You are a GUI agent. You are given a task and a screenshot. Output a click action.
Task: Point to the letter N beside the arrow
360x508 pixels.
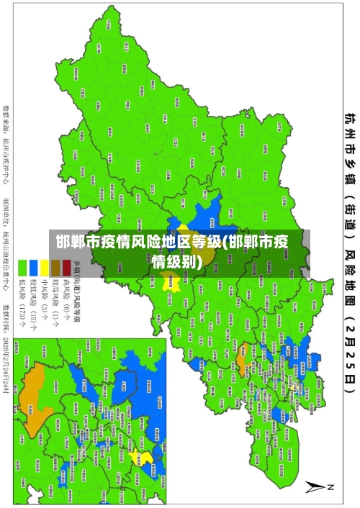332,487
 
